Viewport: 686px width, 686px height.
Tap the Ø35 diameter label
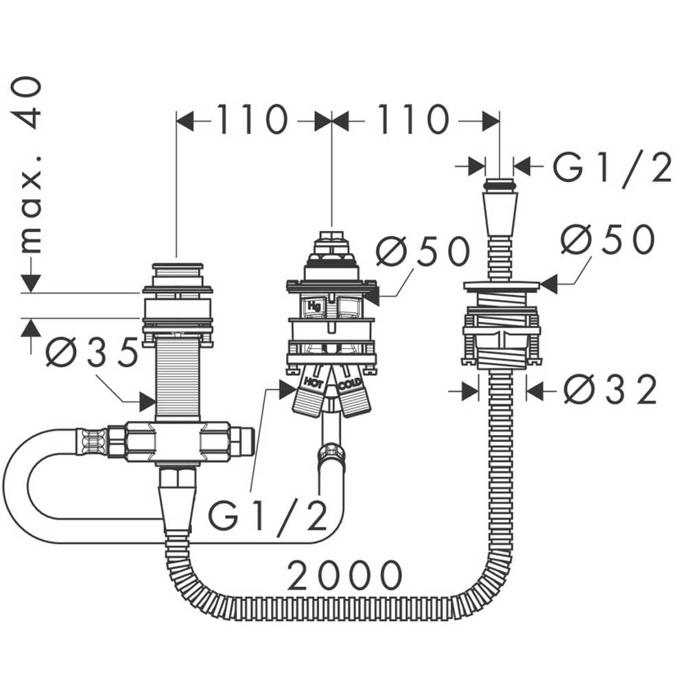point(92,352)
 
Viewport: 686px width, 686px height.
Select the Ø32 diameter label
point(611,389)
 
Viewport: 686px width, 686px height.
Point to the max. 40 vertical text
point(31,165)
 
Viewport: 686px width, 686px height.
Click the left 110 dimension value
point(252,119)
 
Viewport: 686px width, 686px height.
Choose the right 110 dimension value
point(413,119)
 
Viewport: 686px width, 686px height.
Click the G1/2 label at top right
point(613,167)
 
